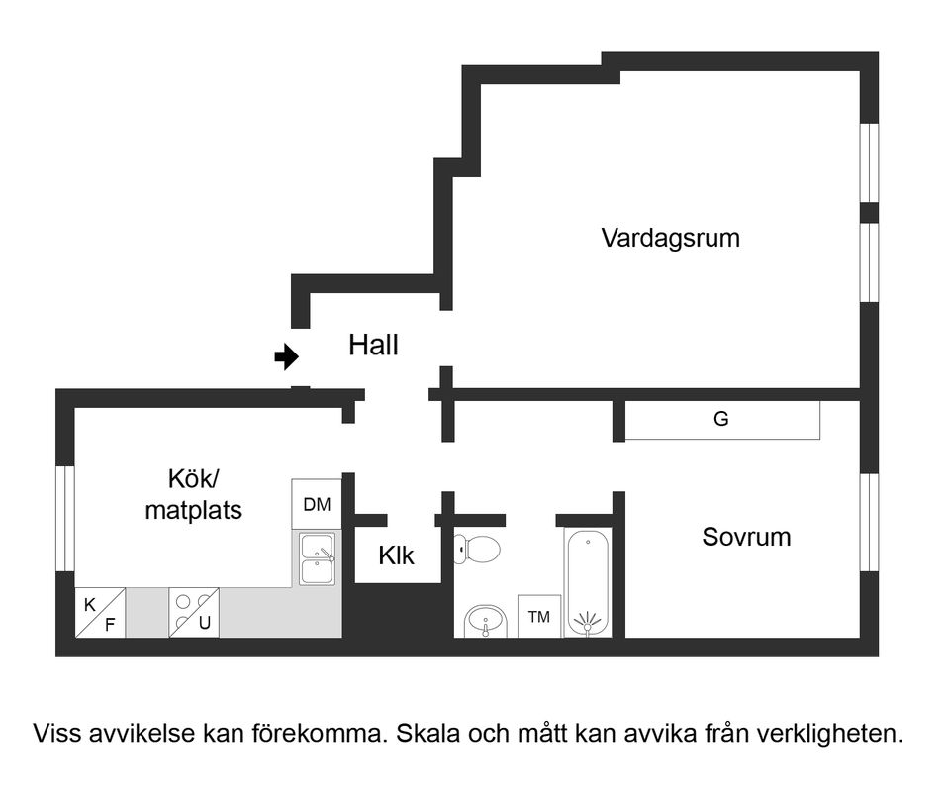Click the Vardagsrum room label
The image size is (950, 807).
click(670, 239)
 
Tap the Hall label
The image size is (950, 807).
click(373, 346)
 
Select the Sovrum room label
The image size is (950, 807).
click(746, 538)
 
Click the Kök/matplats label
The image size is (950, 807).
click(194, 494)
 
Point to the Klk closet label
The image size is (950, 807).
click(396, 556)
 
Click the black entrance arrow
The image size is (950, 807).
click(287, 356)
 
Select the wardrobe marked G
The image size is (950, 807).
click(721, 420)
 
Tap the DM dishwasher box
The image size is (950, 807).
click(317, 505)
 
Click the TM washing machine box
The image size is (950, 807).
click(539, 617)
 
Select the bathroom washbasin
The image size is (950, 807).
click(485, 622)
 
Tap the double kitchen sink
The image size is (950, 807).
click(318, 558)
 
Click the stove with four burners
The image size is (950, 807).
click(194, 613)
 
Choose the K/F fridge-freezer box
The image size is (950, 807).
click(100, 613)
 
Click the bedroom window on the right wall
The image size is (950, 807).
click(869, 522)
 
